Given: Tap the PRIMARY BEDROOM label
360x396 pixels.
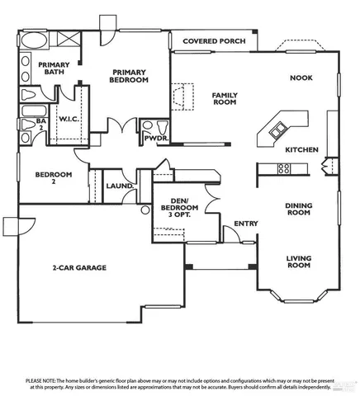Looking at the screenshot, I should pos(130,76).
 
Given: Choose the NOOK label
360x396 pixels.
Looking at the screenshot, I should pos(300,78).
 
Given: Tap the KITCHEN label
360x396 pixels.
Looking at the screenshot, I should pos(301,151).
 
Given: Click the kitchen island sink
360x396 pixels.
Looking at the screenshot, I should pos(278,130).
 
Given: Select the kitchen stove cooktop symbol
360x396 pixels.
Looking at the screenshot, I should pos(283,170).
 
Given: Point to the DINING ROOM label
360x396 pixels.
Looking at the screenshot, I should pos(297,209).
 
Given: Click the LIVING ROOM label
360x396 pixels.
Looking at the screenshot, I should pos(298,262).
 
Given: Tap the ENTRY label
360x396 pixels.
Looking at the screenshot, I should pos(245,224).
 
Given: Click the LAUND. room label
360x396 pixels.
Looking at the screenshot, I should pos(120,186).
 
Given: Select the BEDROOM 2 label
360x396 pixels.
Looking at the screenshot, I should pos(53,179).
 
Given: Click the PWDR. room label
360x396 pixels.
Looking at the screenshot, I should pos(156,139).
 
